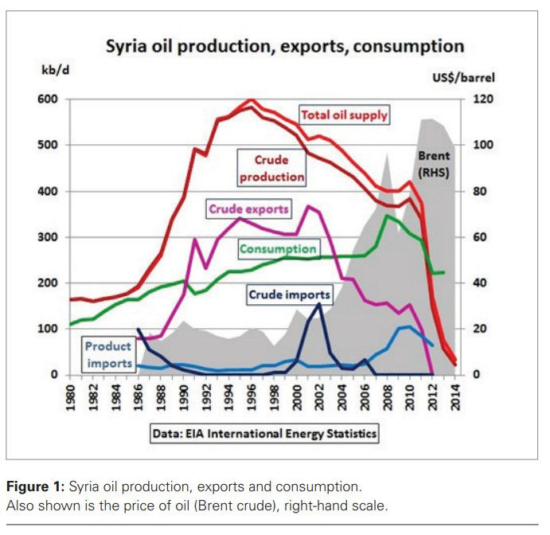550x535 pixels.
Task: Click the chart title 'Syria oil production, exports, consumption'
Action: pyautogui.click(x=285, y=46)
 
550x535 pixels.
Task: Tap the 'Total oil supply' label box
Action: pyautogui.click(x=344, y=115)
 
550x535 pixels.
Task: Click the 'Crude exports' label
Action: pyautogui.click(x=248, y=209)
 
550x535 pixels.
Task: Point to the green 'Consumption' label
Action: pyautogui.click(x=279, y=249)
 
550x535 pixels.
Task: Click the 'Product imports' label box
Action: pyautogui.click(x=108, y=355)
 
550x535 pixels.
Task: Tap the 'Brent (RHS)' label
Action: pyautogui.click(x=434, y=164)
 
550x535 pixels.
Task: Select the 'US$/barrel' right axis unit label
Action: pyautogui.click(x=467, y=77)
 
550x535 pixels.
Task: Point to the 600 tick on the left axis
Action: pyautogui.click(x=49, y=100)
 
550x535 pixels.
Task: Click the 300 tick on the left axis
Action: pyautogui.click(x=49, y=237)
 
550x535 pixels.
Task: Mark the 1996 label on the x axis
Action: pyautogui.click(x=252, y=397)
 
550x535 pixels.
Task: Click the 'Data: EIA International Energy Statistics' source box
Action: pyautogui.click(x=263, y=434)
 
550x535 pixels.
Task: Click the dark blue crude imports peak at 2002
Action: pyautogui.click(x=319, y=303)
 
